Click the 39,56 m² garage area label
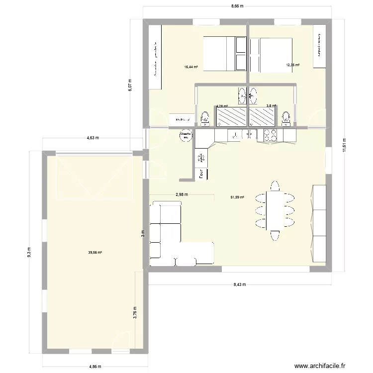[x=95, y=252]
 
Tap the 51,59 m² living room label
[x=237, y=197]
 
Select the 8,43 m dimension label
[x=239, y=285]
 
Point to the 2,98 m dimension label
[x=182, y=194]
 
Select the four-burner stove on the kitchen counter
[x=271, y=135]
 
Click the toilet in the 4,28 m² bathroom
[x=204, y=118]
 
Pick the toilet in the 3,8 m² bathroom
[x=285, y=118]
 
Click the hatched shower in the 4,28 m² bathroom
[x=231, y=116]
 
